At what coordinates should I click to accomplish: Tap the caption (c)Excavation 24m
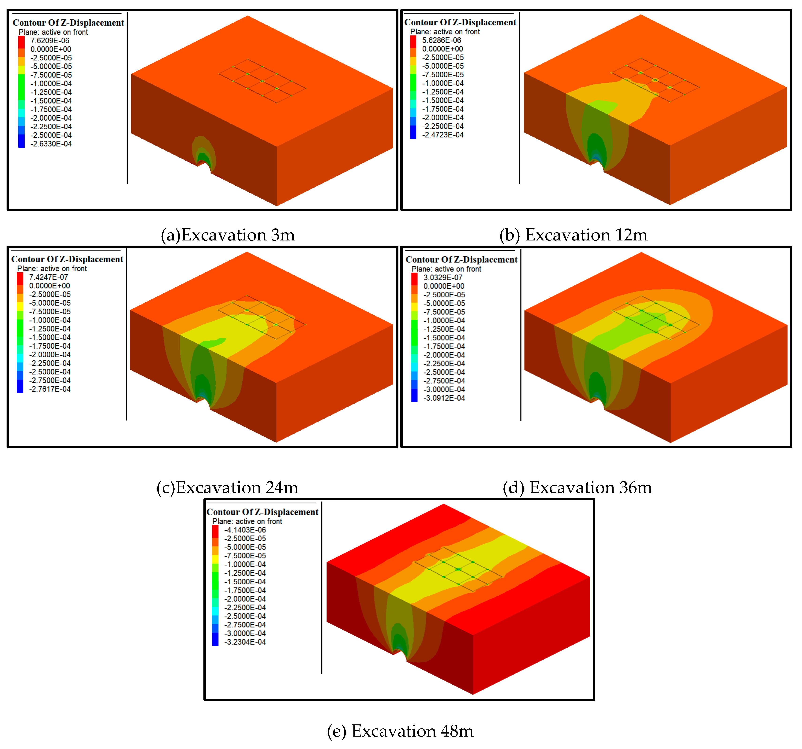pyautogui.click(x=227, y=487)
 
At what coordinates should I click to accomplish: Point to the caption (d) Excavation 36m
pyautogui.click(x=577, y=487)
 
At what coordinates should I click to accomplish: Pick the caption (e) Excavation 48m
pyautogui.click(x=400, y=731)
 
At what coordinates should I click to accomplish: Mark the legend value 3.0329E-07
pyautogui.click(x=442, y=278)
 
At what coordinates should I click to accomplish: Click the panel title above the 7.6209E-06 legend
pyautogui.click(x=68, y=22)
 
